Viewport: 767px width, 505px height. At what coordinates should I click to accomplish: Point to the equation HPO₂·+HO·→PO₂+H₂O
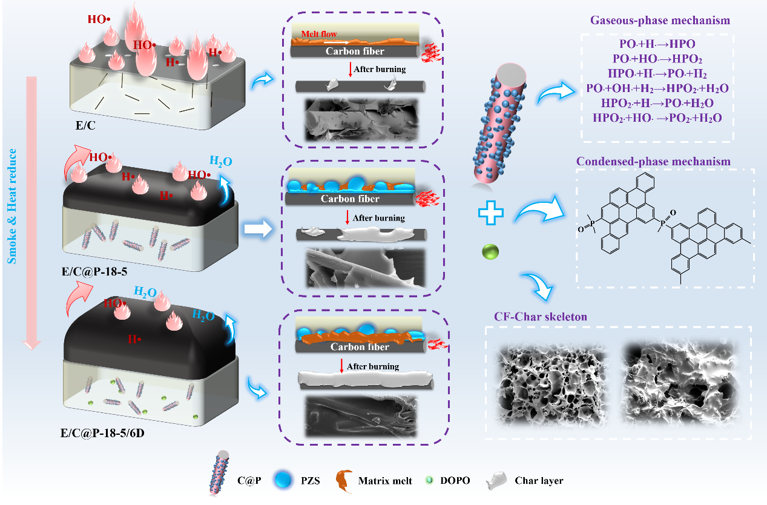click(x=657, y=118)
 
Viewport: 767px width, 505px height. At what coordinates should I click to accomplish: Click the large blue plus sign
click(x=491, y=214)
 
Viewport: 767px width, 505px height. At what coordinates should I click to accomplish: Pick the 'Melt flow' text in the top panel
click(x=319, y=35)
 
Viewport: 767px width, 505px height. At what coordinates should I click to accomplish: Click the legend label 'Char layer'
click(x=539, y=481)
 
